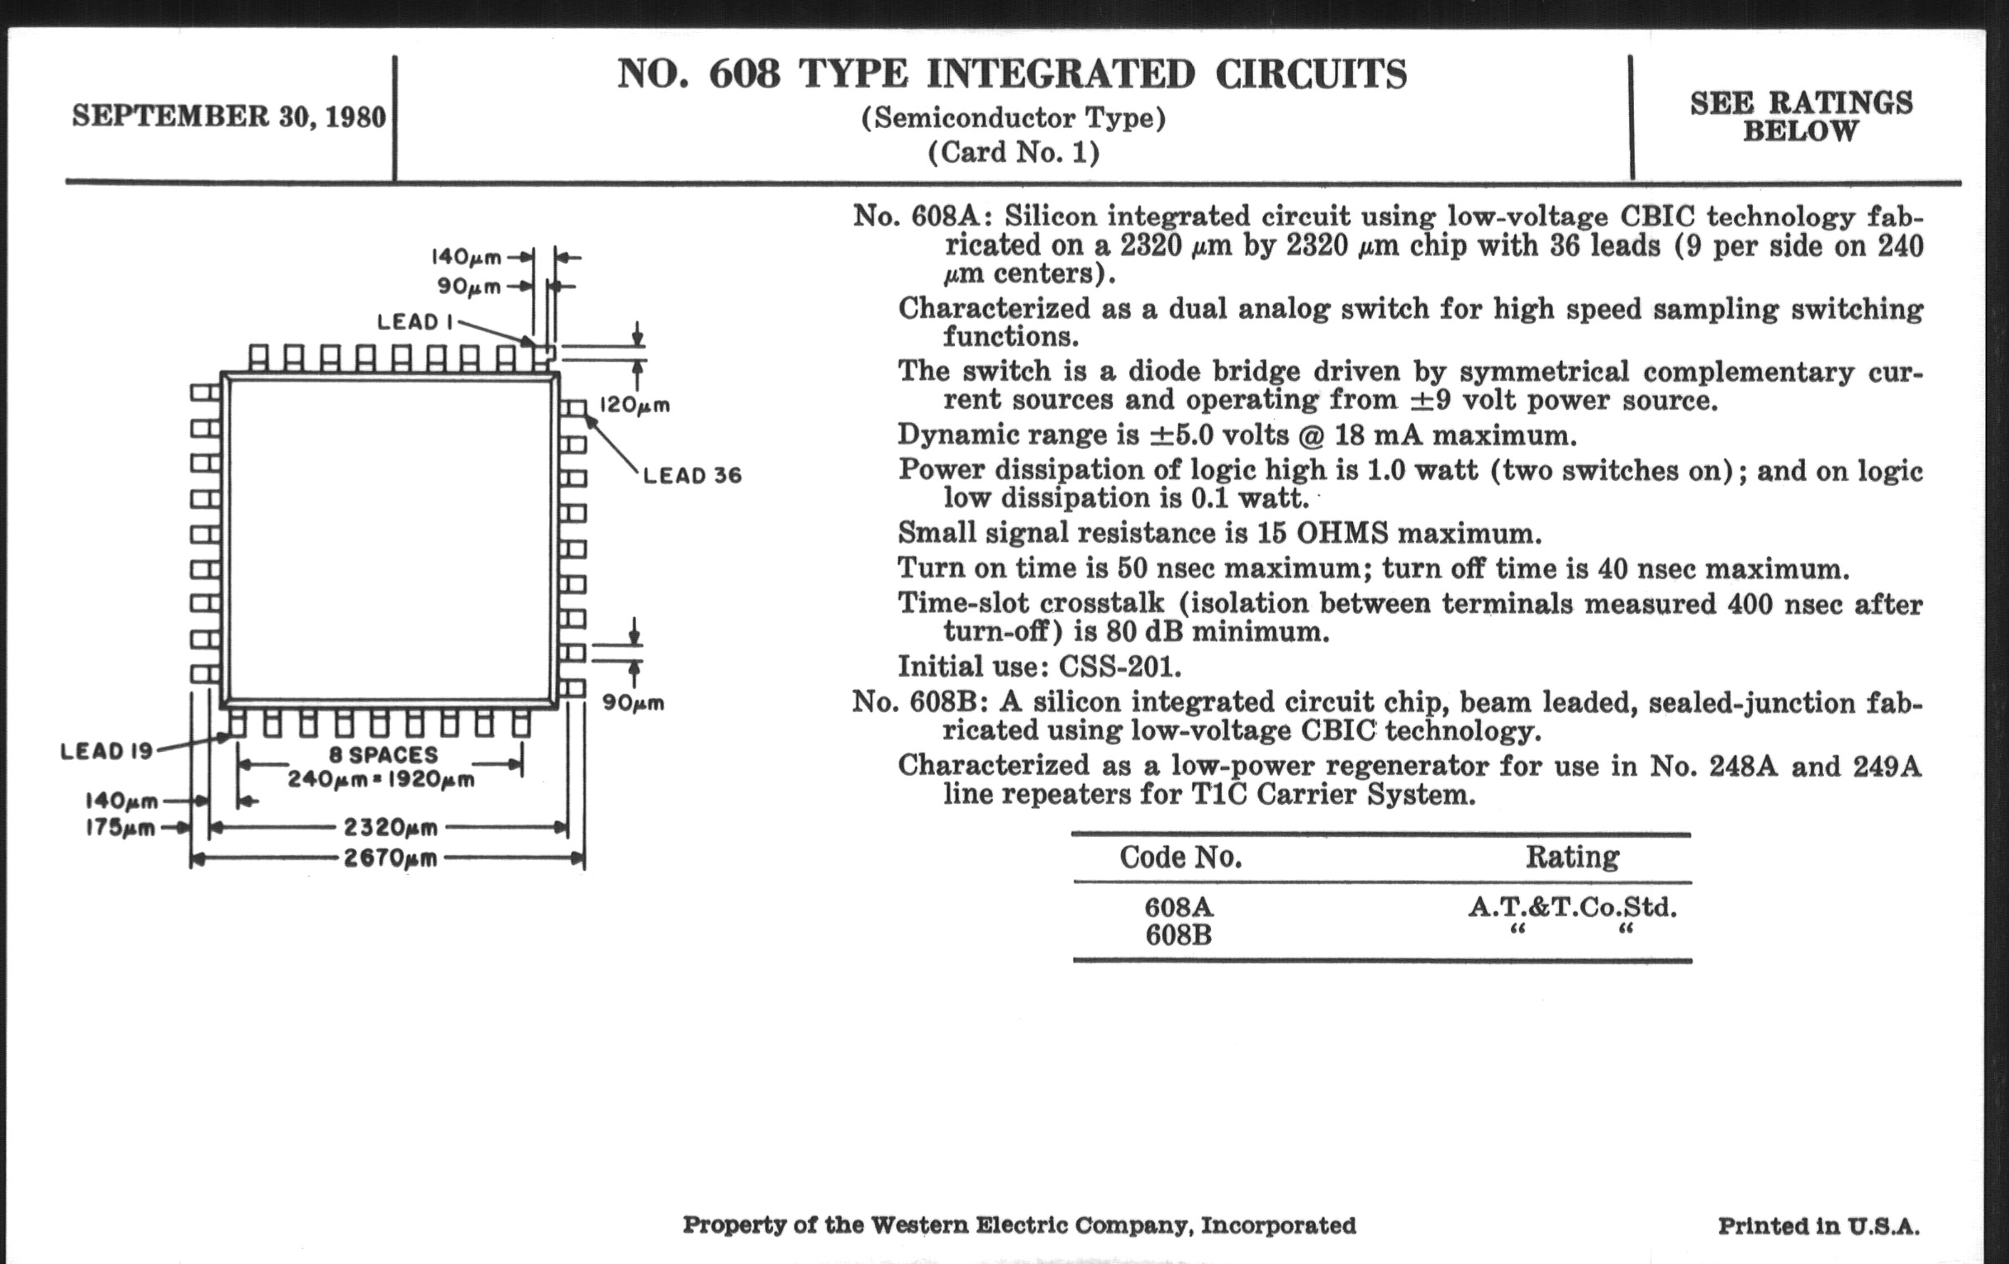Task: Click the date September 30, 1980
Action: [x=229, y=116]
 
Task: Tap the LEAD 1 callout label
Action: [x=415, y=322]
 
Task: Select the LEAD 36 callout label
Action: [x=691, y=476]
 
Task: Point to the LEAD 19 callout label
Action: [x=107, y=751]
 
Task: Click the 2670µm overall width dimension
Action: [x=391, y=858]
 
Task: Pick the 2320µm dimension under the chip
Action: [x=391, y=828]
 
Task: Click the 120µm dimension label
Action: [x=634, y=406]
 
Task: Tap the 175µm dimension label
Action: [x=120, y=829]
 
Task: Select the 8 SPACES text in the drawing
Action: [x=383, y=755]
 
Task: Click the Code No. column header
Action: [x=1180, y=857]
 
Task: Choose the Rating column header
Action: [x=1572, y=857]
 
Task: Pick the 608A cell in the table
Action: [x=1178, y=907]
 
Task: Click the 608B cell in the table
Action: [x=1178, y=935]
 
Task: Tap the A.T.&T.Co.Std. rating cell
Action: [x=1572, y=907]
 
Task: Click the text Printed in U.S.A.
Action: [x=1818, y=1226]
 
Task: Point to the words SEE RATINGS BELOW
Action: [x=1801, y=116]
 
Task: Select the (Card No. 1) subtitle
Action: [x=1014, y=153]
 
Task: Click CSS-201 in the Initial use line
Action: [x=1119, y=667]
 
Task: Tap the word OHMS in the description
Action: [x=1342, y=533]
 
